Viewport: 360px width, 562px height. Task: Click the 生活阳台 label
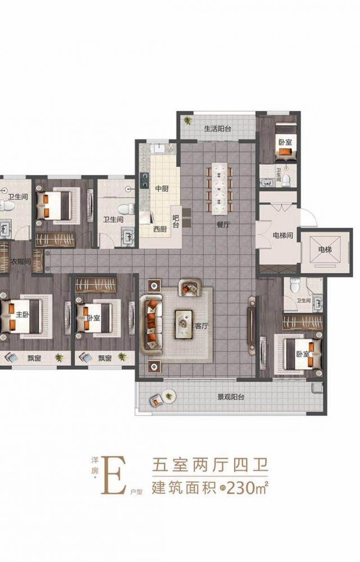point(217,129)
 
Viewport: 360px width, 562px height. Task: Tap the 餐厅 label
point(223,225)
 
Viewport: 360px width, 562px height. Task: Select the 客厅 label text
point(201,326)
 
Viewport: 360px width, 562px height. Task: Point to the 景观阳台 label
point(231,397)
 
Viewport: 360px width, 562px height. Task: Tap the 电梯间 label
point(283,235)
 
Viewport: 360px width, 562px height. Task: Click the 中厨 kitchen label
point(161,188)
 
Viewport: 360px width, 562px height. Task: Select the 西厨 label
point(160,229)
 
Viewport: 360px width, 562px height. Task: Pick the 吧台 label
point(175,221)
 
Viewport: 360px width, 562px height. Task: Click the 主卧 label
point(22,315)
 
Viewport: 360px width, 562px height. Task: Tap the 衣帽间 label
point(20,262)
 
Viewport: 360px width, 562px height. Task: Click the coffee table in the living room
point(183,324)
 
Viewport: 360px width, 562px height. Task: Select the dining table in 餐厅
point(220,188)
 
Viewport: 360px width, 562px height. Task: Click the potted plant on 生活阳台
point(188,120)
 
